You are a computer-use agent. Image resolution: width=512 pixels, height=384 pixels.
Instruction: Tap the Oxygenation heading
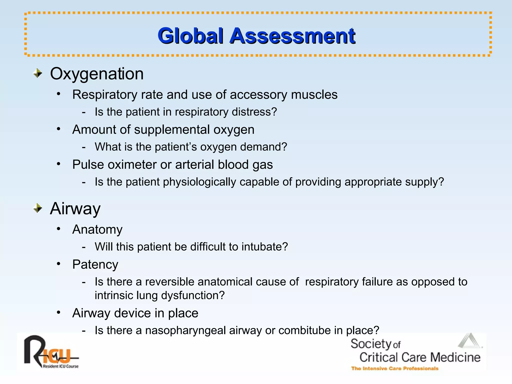tap(97, 74)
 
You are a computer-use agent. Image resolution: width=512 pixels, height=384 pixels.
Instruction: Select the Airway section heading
tap(75, 208)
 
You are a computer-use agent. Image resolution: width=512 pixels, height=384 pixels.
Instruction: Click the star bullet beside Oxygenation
tap(38, 73)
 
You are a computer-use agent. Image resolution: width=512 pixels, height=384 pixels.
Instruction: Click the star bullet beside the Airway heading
tap(38, 208)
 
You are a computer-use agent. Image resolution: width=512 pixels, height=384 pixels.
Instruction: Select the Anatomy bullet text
tap(97, 229)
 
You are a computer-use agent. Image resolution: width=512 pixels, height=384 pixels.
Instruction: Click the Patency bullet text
tap(95, 264)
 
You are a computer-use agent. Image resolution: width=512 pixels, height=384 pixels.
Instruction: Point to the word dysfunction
tap(193, 295)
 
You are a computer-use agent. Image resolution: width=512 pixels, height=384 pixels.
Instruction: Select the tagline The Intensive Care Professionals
tap(394, 368)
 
